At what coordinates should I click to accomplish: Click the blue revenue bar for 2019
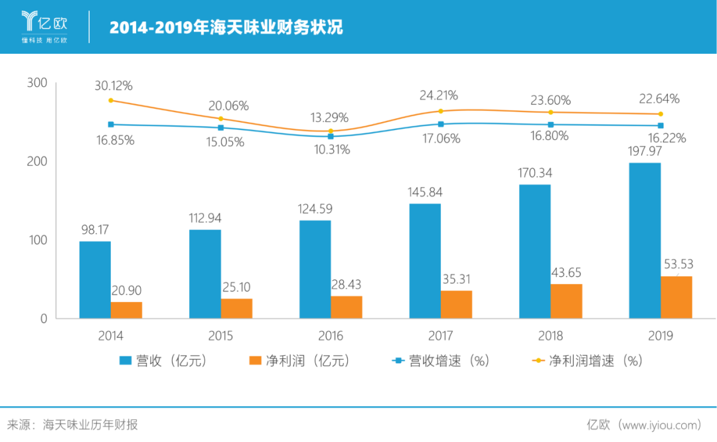tap(645, 240)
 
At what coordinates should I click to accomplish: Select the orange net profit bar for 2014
tap(126, 310)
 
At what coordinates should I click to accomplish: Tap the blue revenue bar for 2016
tap(315, 269)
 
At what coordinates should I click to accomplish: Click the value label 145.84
tap(424, 192)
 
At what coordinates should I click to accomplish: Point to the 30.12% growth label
tap(114, 86)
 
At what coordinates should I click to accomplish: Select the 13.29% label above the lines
tap(329, 118)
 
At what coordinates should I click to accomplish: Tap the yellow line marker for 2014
tap(111, 100)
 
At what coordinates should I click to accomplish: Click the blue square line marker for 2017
tap(440, 124)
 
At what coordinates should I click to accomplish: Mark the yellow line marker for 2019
tap(661, 114)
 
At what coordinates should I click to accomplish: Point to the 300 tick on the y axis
tap(37, 83)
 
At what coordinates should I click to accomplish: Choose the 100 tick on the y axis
tap(37, 240)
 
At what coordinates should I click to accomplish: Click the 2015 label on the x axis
tap(220, 336)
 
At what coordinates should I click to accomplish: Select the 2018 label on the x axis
tap(550, 336)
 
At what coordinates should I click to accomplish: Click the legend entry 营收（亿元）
tap(163, 361)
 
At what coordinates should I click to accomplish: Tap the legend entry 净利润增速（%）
tap(588, 361)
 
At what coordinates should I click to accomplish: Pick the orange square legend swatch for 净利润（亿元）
tap(255, 361)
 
